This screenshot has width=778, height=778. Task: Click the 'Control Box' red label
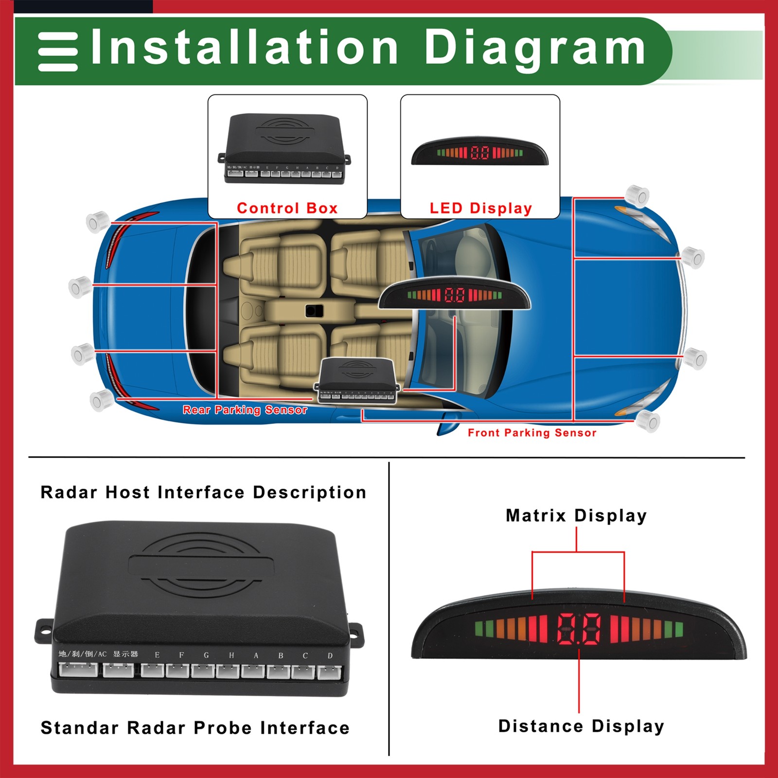(287, 208)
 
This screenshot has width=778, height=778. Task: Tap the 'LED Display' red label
(480, 208)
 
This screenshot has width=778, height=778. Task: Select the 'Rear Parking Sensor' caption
(245, 410)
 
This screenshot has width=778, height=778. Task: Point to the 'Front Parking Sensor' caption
(531, 433)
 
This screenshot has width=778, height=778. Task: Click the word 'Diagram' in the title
(535, 48)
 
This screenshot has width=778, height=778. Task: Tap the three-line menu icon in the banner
(58, 52)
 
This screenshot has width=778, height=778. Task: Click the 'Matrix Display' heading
(576, 515)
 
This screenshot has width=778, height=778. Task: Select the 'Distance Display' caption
(581, 726)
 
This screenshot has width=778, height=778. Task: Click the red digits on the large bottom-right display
(579, 629)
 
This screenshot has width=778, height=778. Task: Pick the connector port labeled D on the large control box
(330, 672)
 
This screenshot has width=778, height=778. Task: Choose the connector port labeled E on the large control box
(153, 671)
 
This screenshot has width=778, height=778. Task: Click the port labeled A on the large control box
(253, 671)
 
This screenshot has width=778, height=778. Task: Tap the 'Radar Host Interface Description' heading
(203, 492)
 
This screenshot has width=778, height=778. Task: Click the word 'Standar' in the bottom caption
(79, 728)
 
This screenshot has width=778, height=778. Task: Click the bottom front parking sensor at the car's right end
(648, 421)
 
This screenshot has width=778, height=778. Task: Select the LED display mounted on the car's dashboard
(454, 294)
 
